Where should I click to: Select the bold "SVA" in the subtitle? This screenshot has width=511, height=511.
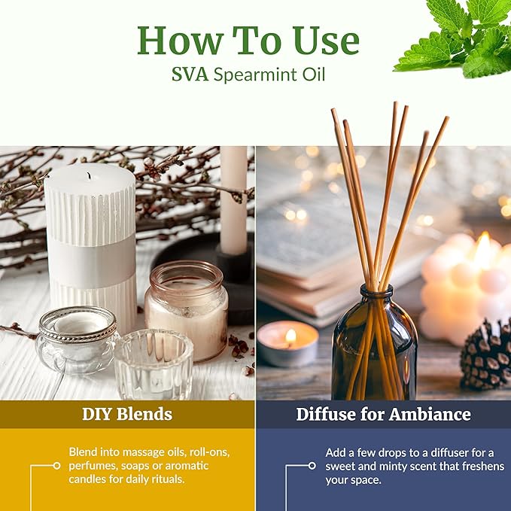point(190,75)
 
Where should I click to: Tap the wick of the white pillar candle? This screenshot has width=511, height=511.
point(89,176)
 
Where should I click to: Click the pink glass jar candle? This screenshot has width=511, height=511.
point(186,311)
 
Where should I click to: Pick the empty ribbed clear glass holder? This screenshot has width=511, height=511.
point(154,364)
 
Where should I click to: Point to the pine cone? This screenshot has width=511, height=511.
point(487,355)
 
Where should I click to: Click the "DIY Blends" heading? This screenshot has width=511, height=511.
point(127,414)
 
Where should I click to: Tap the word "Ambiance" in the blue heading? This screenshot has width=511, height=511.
point(430,414)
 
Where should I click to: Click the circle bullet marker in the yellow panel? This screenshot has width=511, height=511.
point(56,466)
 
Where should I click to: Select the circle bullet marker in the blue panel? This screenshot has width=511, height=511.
point(312,466)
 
